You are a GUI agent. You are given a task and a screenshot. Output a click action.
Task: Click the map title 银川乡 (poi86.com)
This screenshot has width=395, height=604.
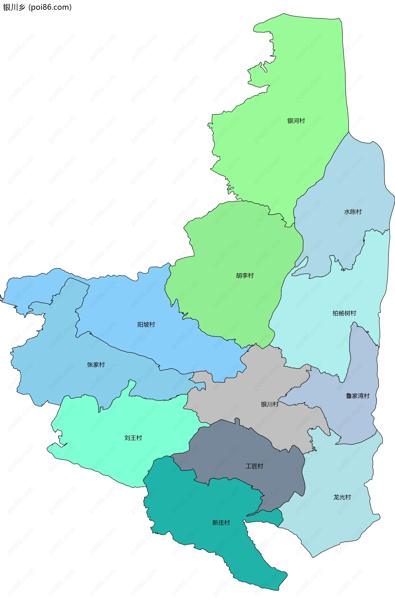[37, 7]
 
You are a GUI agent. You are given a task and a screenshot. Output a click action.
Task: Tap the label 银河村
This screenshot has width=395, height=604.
[296, 121]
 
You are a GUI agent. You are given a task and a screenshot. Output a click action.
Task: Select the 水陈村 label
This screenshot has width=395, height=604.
[353, 212]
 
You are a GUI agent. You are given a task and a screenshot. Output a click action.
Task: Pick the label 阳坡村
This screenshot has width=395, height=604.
[146, 324]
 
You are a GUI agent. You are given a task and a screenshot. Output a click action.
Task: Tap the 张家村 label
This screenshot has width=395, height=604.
[96, 365]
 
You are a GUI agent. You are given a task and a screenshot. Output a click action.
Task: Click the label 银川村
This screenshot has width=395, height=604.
[270, 404]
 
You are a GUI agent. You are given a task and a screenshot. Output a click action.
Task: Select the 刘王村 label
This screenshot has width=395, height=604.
[133, 438]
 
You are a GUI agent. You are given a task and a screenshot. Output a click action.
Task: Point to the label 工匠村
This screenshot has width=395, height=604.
[254, 466]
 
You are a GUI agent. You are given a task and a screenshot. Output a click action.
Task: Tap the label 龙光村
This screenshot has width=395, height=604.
[342, 497]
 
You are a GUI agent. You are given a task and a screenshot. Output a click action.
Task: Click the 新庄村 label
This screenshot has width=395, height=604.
[221, 523]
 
